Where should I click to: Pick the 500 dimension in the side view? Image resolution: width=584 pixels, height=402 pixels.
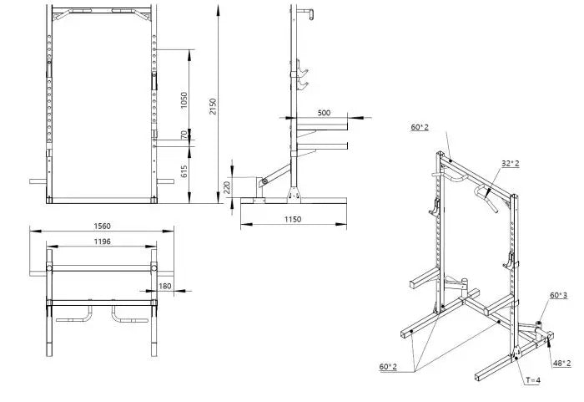coord(324,112)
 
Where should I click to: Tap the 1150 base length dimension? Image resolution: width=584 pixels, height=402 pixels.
coord(292,219)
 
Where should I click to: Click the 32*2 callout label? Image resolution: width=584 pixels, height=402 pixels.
coord(511,163)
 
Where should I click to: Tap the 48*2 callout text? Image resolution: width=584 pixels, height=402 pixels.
coord(561,363)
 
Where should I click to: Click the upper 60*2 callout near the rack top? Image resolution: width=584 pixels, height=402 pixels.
coord(419,127)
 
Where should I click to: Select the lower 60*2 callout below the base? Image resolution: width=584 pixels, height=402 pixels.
coord(389,366)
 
